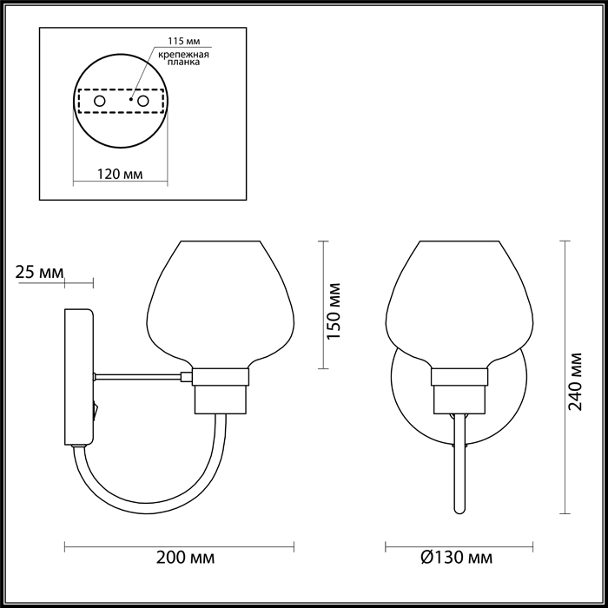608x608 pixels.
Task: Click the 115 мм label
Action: (184, 42)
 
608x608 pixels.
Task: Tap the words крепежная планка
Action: (184, 58)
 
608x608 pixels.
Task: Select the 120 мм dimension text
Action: (120, 174)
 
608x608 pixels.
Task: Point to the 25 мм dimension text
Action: (39, 272)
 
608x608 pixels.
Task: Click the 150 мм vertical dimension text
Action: (334, 311)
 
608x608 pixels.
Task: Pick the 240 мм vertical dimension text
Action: (575, 381)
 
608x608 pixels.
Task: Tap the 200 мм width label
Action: (185, 558)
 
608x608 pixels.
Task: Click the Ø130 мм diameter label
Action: (457, 558)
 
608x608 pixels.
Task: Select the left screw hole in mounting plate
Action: (100, 102)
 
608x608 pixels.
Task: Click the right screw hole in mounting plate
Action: (143, 102)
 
